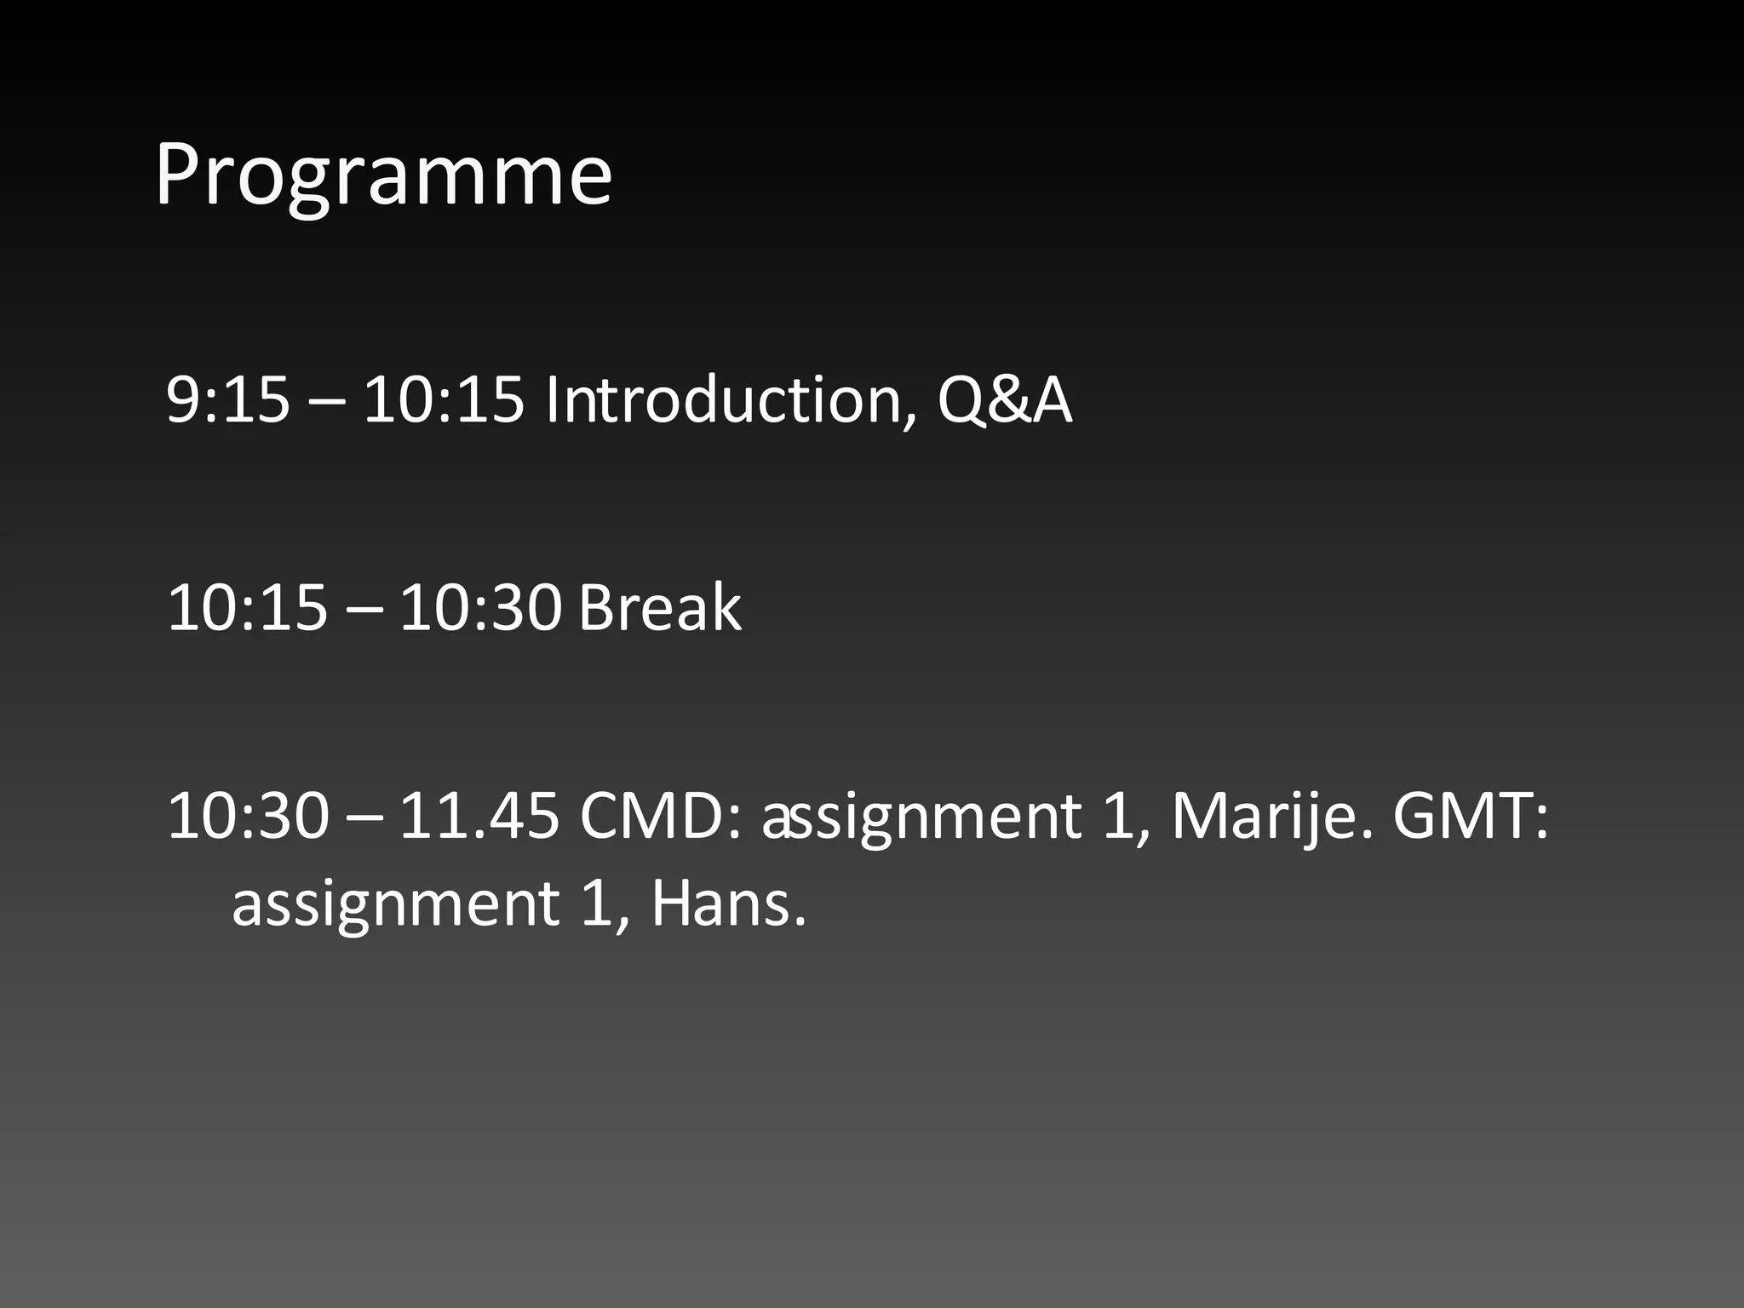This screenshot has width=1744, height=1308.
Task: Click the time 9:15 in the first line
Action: (x=227, y=400)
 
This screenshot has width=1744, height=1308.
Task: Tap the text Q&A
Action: (x=1005, y=400)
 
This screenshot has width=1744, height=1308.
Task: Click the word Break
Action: (x=660, y=608)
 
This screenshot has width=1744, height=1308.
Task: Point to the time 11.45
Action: (x=479, y=816)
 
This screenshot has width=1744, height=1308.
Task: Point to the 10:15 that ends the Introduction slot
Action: (x=444, y=400)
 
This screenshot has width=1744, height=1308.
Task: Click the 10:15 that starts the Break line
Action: (x=247, y=608)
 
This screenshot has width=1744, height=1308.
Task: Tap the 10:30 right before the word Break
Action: (x=480, y=608)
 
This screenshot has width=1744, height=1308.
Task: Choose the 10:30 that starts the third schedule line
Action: (x=247, y=816)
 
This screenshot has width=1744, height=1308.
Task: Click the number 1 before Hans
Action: (x=598, y=904)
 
